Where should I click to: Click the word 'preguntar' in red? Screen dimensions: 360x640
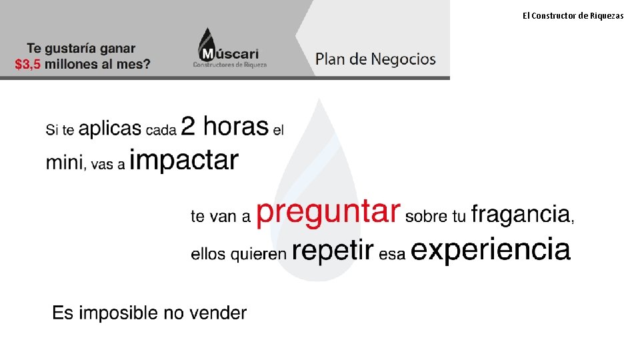coord(328,213)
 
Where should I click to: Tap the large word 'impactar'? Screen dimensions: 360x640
coord(183,161)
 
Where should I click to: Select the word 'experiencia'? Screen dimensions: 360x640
coord(491,251)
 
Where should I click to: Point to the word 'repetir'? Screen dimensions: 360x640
coord(332,251)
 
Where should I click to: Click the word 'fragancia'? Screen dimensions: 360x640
coord(520,215)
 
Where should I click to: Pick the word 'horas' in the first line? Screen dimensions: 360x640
coord(235,125)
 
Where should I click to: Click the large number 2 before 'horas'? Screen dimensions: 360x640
coord(188,125)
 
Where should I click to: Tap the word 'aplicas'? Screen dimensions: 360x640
coord(110,129)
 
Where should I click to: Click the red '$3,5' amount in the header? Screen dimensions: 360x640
coord(29,65)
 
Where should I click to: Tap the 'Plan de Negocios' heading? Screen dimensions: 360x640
coord(375,59)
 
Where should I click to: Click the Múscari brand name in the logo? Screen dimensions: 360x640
coord(229,53)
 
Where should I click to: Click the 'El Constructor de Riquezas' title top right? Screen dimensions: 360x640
coord(573,15)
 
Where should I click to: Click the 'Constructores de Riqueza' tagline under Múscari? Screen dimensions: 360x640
coord(229,65)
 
